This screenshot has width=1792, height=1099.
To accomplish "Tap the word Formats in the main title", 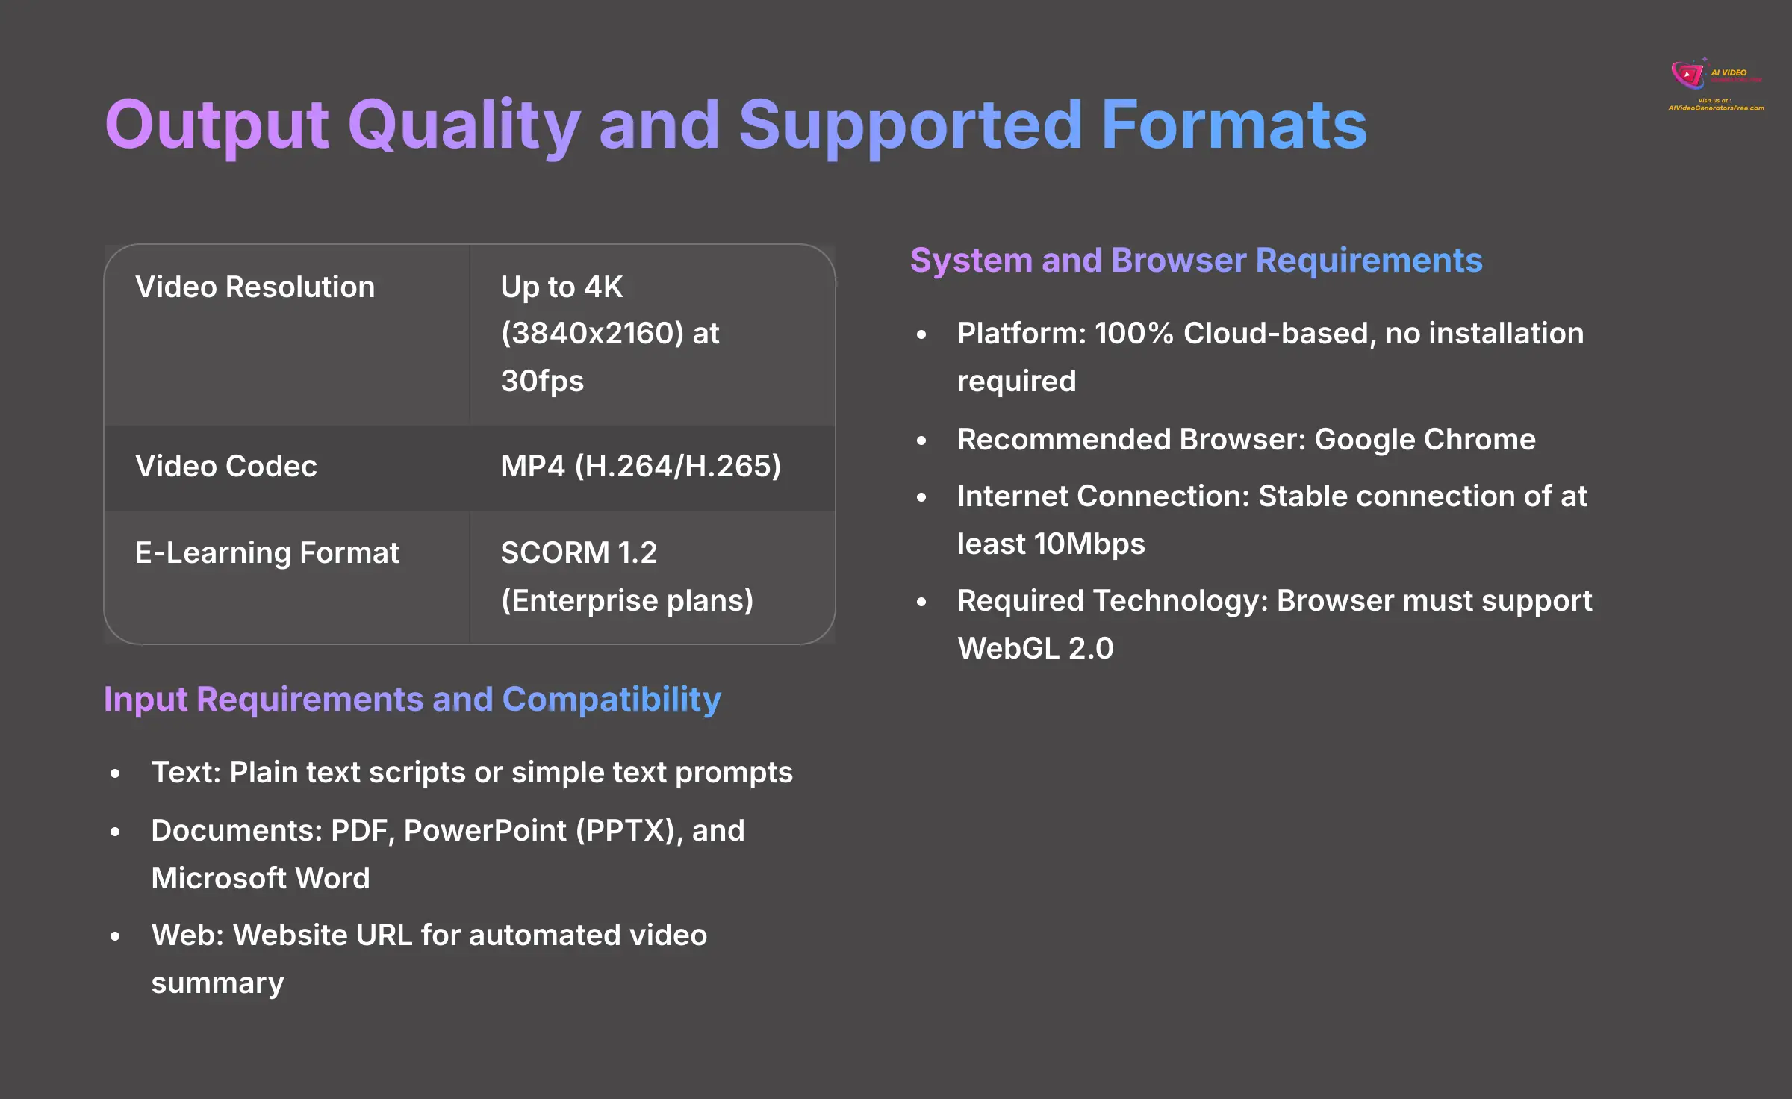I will [x=1233, y=125].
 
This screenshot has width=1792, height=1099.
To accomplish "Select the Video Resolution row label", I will [x=255, y=287].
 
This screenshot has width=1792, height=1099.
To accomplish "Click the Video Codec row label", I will [x=225, y=467].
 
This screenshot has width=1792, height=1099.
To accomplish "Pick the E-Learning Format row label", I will [x=267, y=553].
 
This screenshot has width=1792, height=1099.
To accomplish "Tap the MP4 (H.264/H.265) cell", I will [x=640, y=467].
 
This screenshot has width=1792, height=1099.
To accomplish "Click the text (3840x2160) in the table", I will [x=592, y=334].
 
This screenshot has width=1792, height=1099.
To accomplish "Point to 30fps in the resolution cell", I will [x=542, y=382].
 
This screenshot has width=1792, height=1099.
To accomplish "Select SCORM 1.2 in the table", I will [x=579, y=553].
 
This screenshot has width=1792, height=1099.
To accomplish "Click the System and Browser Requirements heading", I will [x=1195, y=261].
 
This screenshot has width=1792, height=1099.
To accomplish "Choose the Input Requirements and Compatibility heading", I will [x=412, y=700].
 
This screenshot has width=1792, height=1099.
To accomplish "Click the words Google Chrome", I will [x=1424, y=440].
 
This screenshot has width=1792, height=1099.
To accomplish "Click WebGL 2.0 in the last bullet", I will [x=1035, y=649].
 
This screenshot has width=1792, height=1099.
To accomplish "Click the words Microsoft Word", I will [x=261, y=879].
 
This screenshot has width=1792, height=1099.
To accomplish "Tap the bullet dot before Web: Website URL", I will [x=115, y=936].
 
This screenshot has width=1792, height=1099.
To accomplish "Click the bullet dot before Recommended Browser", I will [x=921, y=440].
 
